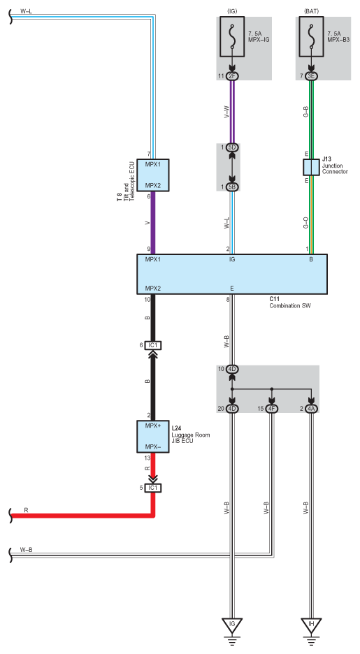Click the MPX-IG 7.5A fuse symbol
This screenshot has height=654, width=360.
pos(232,37)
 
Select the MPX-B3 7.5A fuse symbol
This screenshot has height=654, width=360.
pos(311,37)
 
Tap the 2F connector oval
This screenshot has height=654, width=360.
pos(232,76)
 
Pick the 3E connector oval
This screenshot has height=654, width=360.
pos(311,76)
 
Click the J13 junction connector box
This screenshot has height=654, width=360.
pos(311,167)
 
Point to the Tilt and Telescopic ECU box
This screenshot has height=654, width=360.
pos(153,175)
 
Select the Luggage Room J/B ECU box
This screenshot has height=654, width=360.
pos(153,437)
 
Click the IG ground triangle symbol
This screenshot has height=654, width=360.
pos(232,625)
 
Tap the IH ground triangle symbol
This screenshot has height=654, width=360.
pos(311,625)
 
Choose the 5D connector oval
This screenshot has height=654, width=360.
pos(232,147)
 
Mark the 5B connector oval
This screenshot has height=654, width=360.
pos(232,187)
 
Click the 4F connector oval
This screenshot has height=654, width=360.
pos(271,409)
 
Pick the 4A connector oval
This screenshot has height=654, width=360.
pos(311,409)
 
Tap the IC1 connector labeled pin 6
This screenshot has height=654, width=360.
pos(153,345)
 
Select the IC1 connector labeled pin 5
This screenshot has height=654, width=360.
pos(153,488)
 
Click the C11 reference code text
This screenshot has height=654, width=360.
pos(274,300)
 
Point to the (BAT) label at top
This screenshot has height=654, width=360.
pos(311,12)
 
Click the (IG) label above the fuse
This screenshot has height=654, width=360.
pos(232,12)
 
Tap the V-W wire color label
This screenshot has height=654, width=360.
pos(226,112)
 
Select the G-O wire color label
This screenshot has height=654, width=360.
pos(305,223)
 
